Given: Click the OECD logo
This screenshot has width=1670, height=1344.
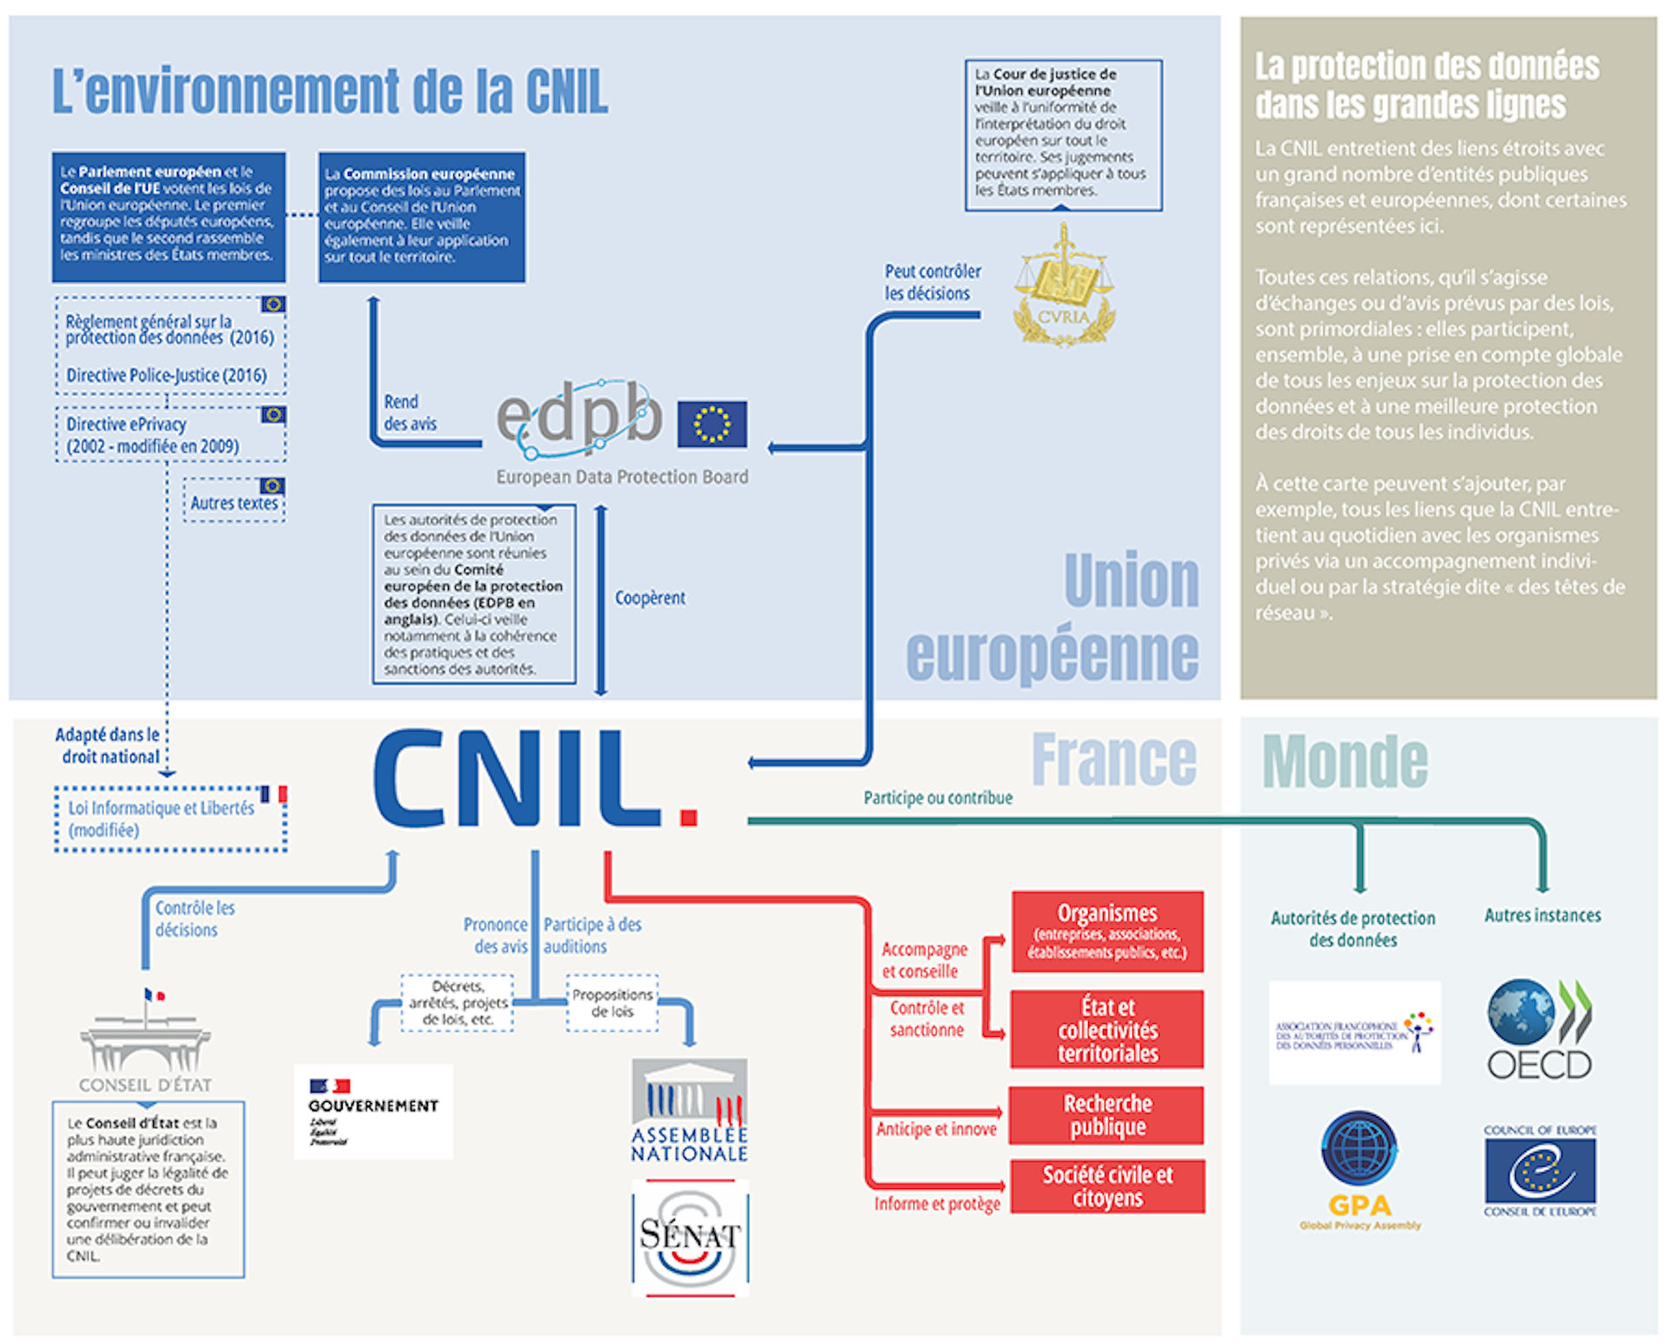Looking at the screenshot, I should coord(1540,1030).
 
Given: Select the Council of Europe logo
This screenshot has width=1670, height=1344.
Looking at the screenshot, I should coord(1540,1170).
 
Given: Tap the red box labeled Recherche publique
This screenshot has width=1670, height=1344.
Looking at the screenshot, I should coord(1106,1115).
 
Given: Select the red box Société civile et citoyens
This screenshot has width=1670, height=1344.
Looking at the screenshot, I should coord(1107,1187).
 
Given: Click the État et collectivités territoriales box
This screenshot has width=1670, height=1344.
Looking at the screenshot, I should coord(1107,1030).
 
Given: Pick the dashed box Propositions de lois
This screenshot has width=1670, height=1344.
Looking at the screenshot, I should coord(612,1003).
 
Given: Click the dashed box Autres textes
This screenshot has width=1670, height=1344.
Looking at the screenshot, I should coord(234,501).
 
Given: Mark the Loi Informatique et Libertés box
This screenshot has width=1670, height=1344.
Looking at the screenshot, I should coord(170,819).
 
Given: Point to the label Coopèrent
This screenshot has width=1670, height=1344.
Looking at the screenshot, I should coord(650,598).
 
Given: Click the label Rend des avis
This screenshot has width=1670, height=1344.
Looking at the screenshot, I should coord(410,412).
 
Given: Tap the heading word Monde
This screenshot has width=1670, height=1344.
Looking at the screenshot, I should coord(1345,761).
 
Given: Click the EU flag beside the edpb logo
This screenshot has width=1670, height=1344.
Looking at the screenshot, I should coord(711,424).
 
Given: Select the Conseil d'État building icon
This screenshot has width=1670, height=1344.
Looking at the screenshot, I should coord(145,1035).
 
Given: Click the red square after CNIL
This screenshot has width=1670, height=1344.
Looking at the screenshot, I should coord(689,817).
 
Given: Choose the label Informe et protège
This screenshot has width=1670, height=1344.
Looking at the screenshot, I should coord(937,1203).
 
